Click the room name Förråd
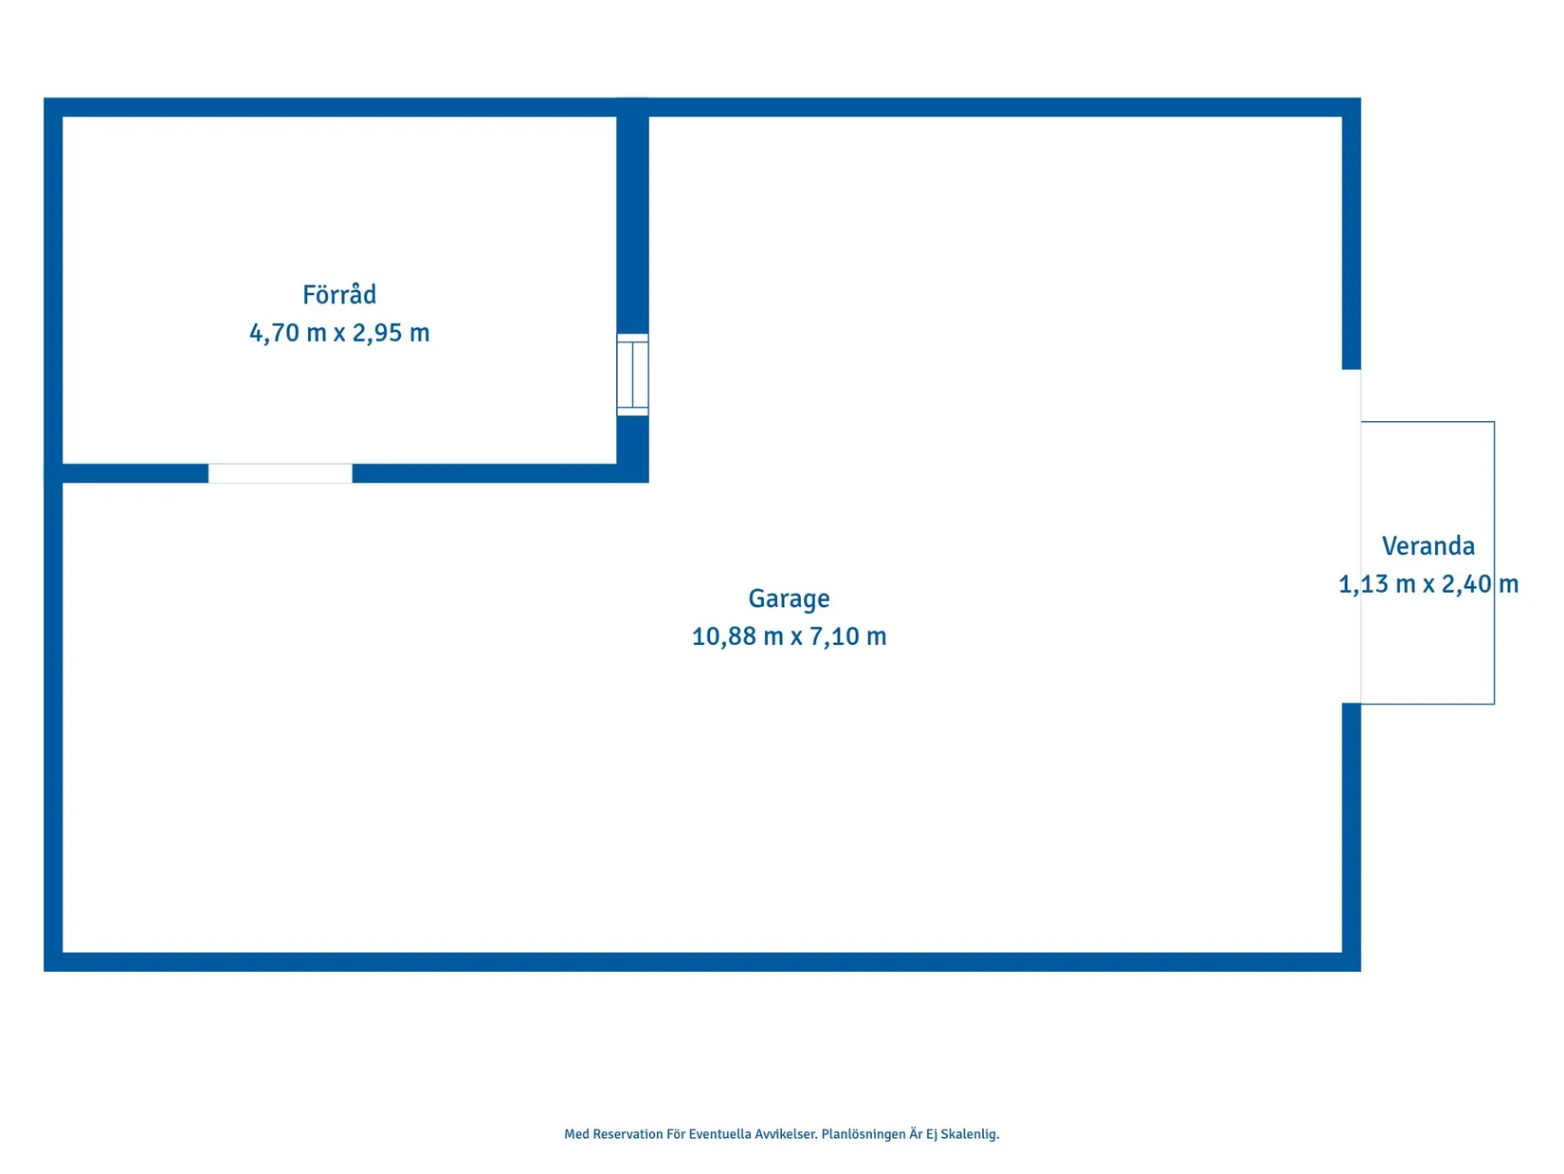pos(339,294)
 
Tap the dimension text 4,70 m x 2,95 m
pos(339,333)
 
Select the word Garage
pos(789,598)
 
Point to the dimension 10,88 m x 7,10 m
pos(789,635)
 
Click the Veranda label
pos(1428,545)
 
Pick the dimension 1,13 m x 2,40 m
pos(1428,584)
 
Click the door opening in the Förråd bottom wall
pos(280,472)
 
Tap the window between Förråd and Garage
pos(632,375)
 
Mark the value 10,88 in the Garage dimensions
pos(722,635)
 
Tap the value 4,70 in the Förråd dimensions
pos(274,333)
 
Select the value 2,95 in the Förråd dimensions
pos(377,333)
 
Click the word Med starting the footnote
pos(576,1134)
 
